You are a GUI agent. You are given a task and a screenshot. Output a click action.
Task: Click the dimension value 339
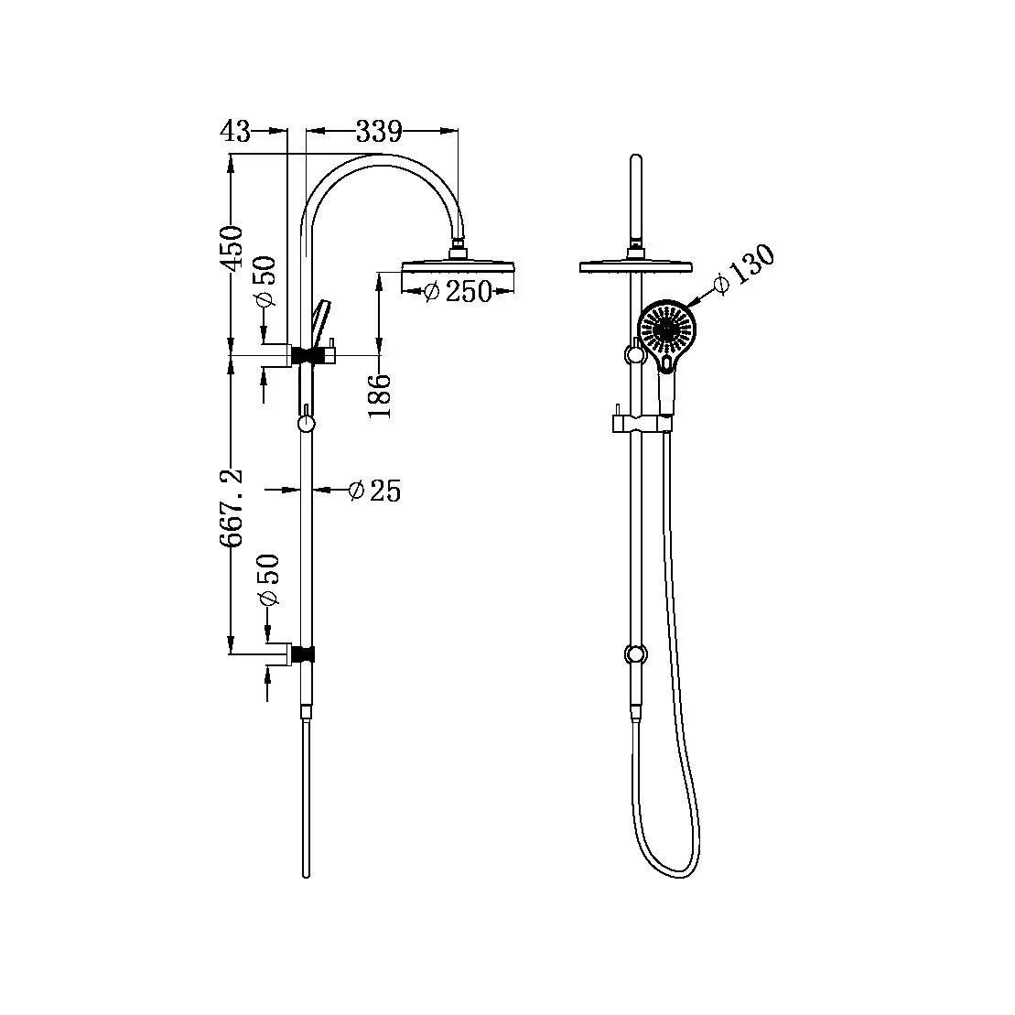click(379, 132)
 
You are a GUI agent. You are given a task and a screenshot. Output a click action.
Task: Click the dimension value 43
click(235, 132)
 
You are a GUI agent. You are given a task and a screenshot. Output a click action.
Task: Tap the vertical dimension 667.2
click(232, 509)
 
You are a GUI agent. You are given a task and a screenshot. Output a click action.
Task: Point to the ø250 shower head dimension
click(459, 291)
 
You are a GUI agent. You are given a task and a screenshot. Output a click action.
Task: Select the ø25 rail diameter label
click(375, 491)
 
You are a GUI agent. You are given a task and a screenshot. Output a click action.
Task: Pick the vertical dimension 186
click(381, 395)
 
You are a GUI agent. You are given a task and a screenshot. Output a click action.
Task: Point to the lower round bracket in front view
click(633, 654)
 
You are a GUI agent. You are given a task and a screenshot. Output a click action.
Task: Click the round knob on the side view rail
click(307, 423)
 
